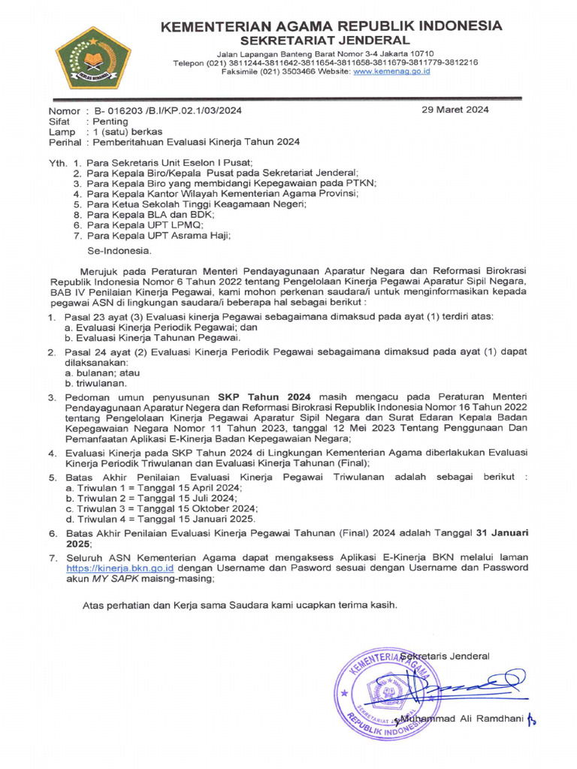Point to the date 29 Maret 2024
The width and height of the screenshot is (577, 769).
pyautogui.click(x=455, y=110)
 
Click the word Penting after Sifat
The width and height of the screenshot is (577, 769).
pyautogui.click(x=110, y=121)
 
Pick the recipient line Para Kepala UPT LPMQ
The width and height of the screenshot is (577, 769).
pyautogui.click(x=144, y=225)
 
